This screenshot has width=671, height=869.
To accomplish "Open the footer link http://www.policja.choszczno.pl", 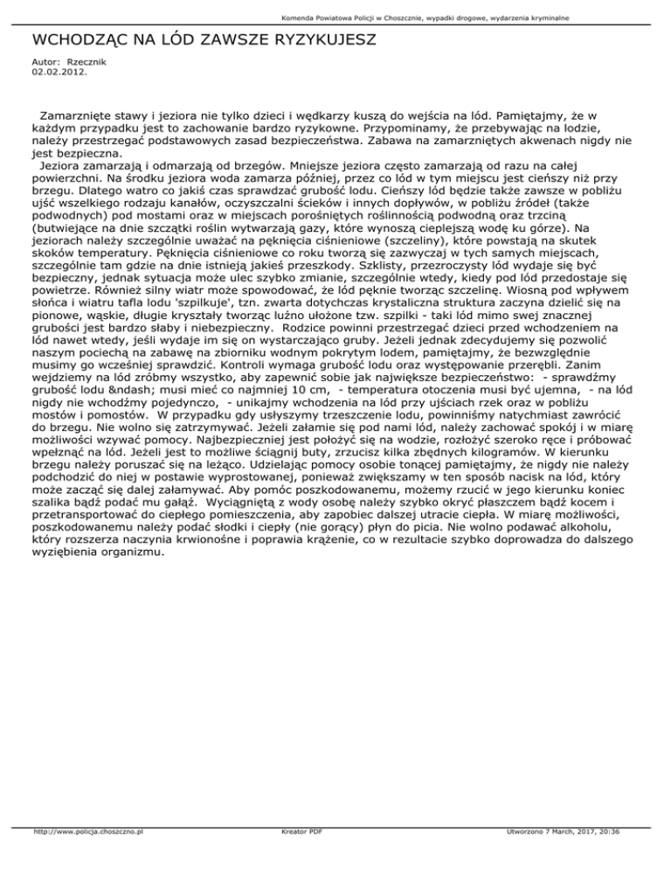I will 86,856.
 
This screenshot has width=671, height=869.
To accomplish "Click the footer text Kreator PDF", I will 297,856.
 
